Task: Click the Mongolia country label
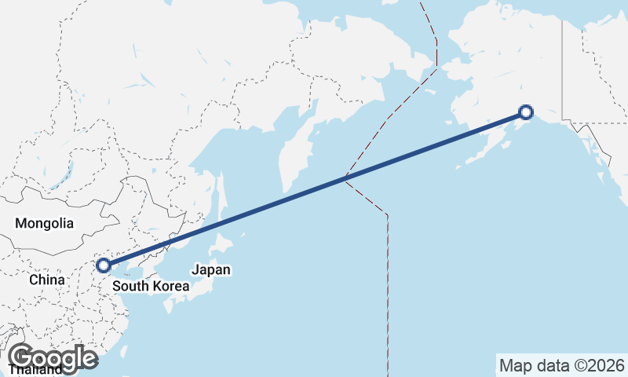tap(44, 224)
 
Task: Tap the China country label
tap(46, 280)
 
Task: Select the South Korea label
tap(151, 286)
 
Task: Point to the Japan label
tap(211, 269)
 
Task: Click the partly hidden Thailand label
tap(35, 370)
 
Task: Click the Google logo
tap(53, 358)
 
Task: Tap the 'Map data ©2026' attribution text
tap(561, 365)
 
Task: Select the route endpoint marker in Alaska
tap(526, 112)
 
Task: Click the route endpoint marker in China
tap(103, 265)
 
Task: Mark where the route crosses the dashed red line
tap(345, 178)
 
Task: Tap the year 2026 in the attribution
tap(608, 365)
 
